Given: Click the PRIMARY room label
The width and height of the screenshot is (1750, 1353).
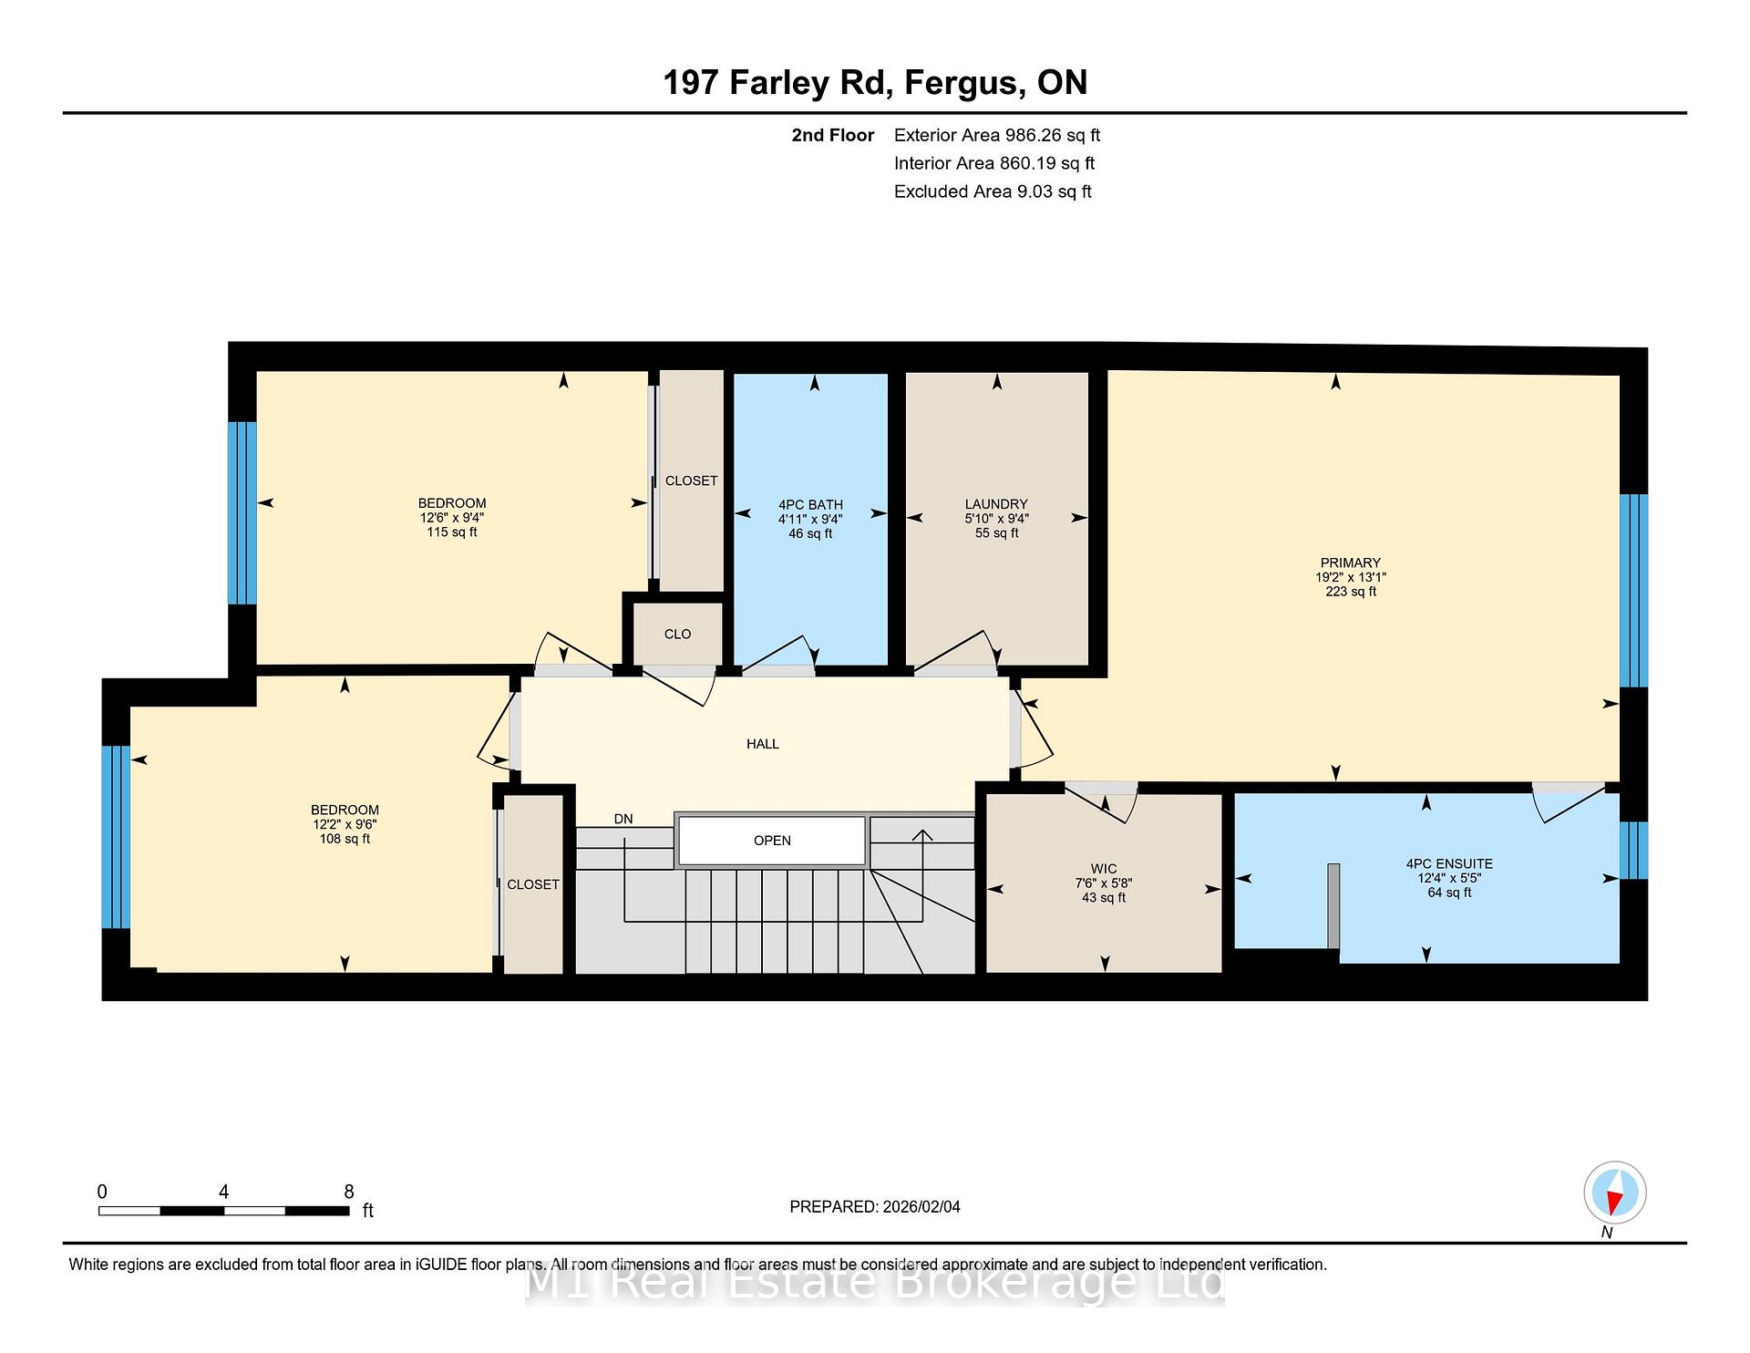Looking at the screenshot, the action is pos(1350,563).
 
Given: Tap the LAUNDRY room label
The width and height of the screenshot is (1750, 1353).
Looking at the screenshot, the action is pos(996,504).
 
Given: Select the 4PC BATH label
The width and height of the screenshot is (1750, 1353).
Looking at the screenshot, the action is pos(810,505).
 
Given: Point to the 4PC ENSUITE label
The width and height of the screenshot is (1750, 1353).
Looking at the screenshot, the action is pos(1449,863).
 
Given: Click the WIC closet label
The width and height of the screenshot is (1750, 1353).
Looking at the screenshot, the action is pos(1104,869).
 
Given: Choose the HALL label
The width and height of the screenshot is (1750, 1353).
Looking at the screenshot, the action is pos(763,744).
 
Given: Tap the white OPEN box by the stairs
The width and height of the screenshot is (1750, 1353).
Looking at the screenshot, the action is pos(772,841).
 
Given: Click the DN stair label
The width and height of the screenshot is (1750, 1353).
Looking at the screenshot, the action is pos(623,819).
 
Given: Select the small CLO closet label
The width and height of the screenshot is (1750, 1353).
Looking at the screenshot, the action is pos(677,634).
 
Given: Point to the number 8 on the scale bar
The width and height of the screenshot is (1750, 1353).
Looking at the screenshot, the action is pos(349,1192).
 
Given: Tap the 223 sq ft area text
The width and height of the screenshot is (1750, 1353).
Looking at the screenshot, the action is pos(1351,592).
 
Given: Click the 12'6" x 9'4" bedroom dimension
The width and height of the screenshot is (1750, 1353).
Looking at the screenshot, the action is pos(452,518).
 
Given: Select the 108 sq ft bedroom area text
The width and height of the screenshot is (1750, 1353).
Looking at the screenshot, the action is pos(345,839).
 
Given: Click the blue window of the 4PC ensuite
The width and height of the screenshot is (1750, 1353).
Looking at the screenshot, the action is pos(1633,850).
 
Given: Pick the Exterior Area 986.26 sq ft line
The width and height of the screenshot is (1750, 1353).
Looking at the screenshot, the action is pos(997,135).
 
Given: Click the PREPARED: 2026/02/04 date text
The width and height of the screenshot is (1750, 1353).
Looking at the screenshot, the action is pos(875,1206).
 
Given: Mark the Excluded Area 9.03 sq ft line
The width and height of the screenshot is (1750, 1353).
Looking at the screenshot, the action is pos(993,191).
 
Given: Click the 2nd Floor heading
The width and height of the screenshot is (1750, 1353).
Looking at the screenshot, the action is pos(833,135).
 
